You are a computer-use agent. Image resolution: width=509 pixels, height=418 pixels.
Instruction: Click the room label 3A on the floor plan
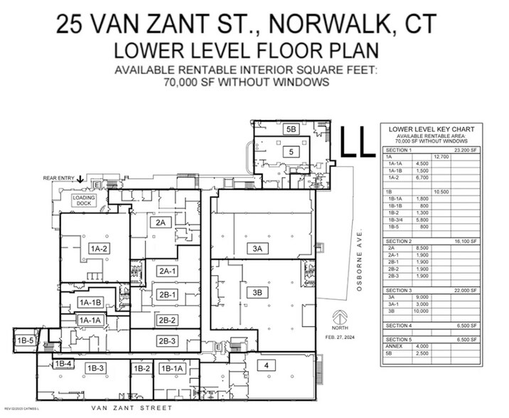click(258, 248)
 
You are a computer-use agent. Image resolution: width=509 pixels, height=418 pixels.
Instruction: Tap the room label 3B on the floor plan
click(258, 292)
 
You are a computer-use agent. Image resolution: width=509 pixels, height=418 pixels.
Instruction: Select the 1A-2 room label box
click(98, 248)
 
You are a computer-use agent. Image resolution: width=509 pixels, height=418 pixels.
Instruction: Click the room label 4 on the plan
click(266, 366)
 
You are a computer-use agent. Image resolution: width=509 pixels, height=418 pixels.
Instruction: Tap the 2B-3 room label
click(167, 341)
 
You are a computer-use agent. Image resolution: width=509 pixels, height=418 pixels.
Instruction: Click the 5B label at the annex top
click(291, 129)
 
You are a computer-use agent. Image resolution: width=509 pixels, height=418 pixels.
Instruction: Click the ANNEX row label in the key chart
click(394, 346)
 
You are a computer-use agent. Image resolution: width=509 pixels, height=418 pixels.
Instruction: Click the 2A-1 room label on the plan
click(167, 270)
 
